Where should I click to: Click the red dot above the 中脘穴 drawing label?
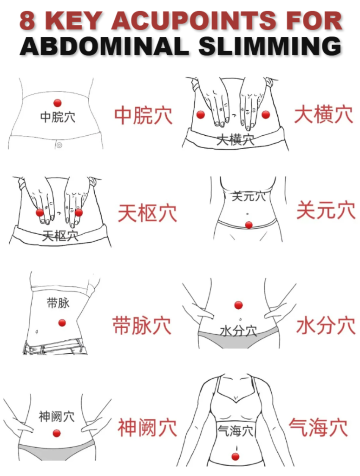click(x=58, y=103)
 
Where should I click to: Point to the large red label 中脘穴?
click(x=143, y=116)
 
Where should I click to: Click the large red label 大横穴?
click(x=323, y=114)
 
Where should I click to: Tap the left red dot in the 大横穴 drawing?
click(x=201, y=114)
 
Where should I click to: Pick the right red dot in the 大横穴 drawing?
click(x=266, y=114)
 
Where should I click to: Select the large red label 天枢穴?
click(x=147, y=213)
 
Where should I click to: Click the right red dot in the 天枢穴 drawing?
click(x=79, y=212)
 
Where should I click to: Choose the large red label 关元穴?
click(x=326, y=211)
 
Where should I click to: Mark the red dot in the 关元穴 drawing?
click(x=249, y=225)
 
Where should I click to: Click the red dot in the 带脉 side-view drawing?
click(x=62, y=323)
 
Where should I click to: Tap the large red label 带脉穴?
click(x=142, y=325)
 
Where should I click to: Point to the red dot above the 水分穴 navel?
click(x=238, y=305)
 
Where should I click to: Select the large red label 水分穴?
click(x=326, y=326)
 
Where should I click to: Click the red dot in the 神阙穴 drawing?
click(x=57, y=433)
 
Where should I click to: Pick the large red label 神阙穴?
click(x=147, y=428)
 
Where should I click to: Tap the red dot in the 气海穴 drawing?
click(x=236, y=456)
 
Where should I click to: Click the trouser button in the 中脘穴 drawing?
click(x=59, y=145)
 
